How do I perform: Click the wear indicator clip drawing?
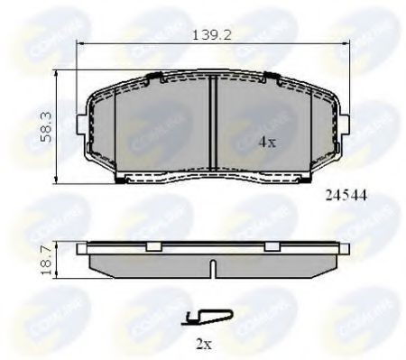point(208,316)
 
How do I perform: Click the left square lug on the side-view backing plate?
point(152,245)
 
